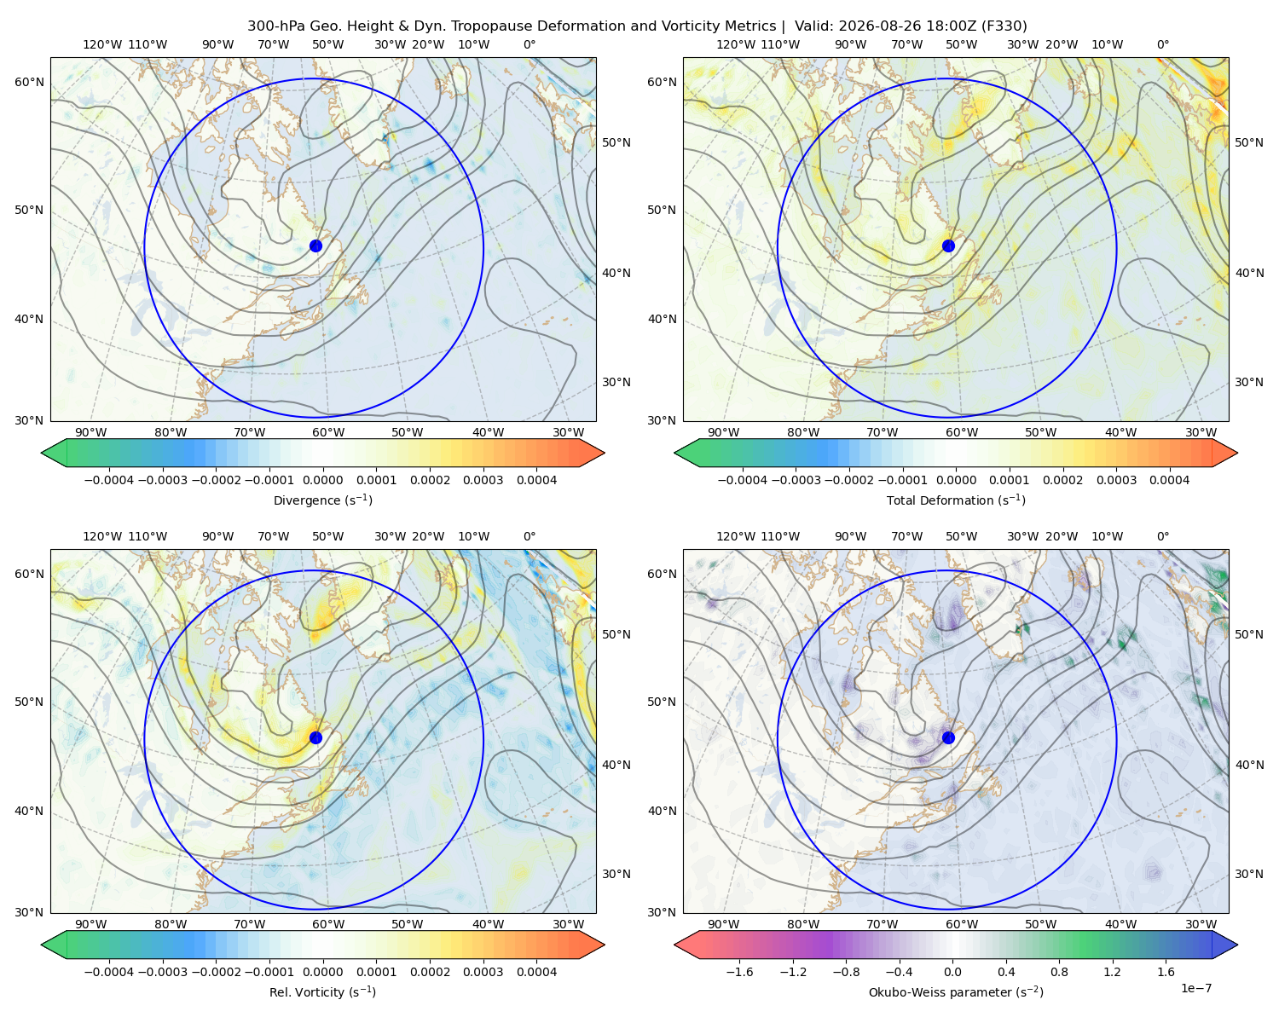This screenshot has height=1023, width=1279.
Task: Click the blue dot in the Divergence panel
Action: coord(315,246)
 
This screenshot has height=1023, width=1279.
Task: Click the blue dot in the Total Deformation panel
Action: coord(948,246)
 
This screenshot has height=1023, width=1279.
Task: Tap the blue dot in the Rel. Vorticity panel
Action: coord(315,737)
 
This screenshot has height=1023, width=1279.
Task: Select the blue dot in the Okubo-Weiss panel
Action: coord(948,737)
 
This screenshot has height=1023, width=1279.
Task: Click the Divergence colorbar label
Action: coord(322,500)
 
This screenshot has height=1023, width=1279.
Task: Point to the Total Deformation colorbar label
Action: coord(956,500)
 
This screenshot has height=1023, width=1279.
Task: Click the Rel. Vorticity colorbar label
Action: coord(322,992)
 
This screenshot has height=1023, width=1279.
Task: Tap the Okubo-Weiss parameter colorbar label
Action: coord(956,992)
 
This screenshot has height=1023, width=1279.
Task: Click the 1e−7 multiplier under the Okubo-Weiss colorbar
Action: coord(1195,988)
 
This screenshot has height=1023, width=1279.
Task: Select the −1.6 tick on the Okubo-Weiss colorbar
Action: coord(739,972)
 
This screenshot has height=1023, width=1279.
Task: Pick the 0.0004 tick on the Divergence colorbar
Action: coord(536,480)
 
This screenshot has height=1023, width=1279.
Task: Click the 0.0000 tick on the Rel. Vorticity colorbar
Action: coord(322,972)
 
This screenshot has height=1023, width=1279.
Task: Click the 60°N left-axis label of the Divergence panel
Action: coord(29,82)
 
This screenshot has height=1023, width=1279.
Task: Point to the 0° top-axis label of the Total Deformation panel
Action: coord(1162,44)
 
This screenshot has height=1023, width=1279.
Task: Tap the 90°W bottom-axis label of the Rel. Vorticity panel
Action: coord(91,924)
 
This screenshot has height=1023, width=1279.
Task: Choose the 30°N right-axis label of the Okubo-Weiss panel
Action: coord(1249,874)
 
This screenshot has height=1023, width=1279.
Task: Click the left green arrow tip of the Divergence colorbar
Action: coord(42,453)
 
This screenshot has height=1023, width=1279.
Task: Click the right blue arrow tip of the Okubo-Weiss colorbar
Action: coord(1237,945)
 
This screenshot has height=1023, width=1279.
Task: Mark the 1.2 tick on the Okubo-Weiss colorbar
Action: coord(1112,972)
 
